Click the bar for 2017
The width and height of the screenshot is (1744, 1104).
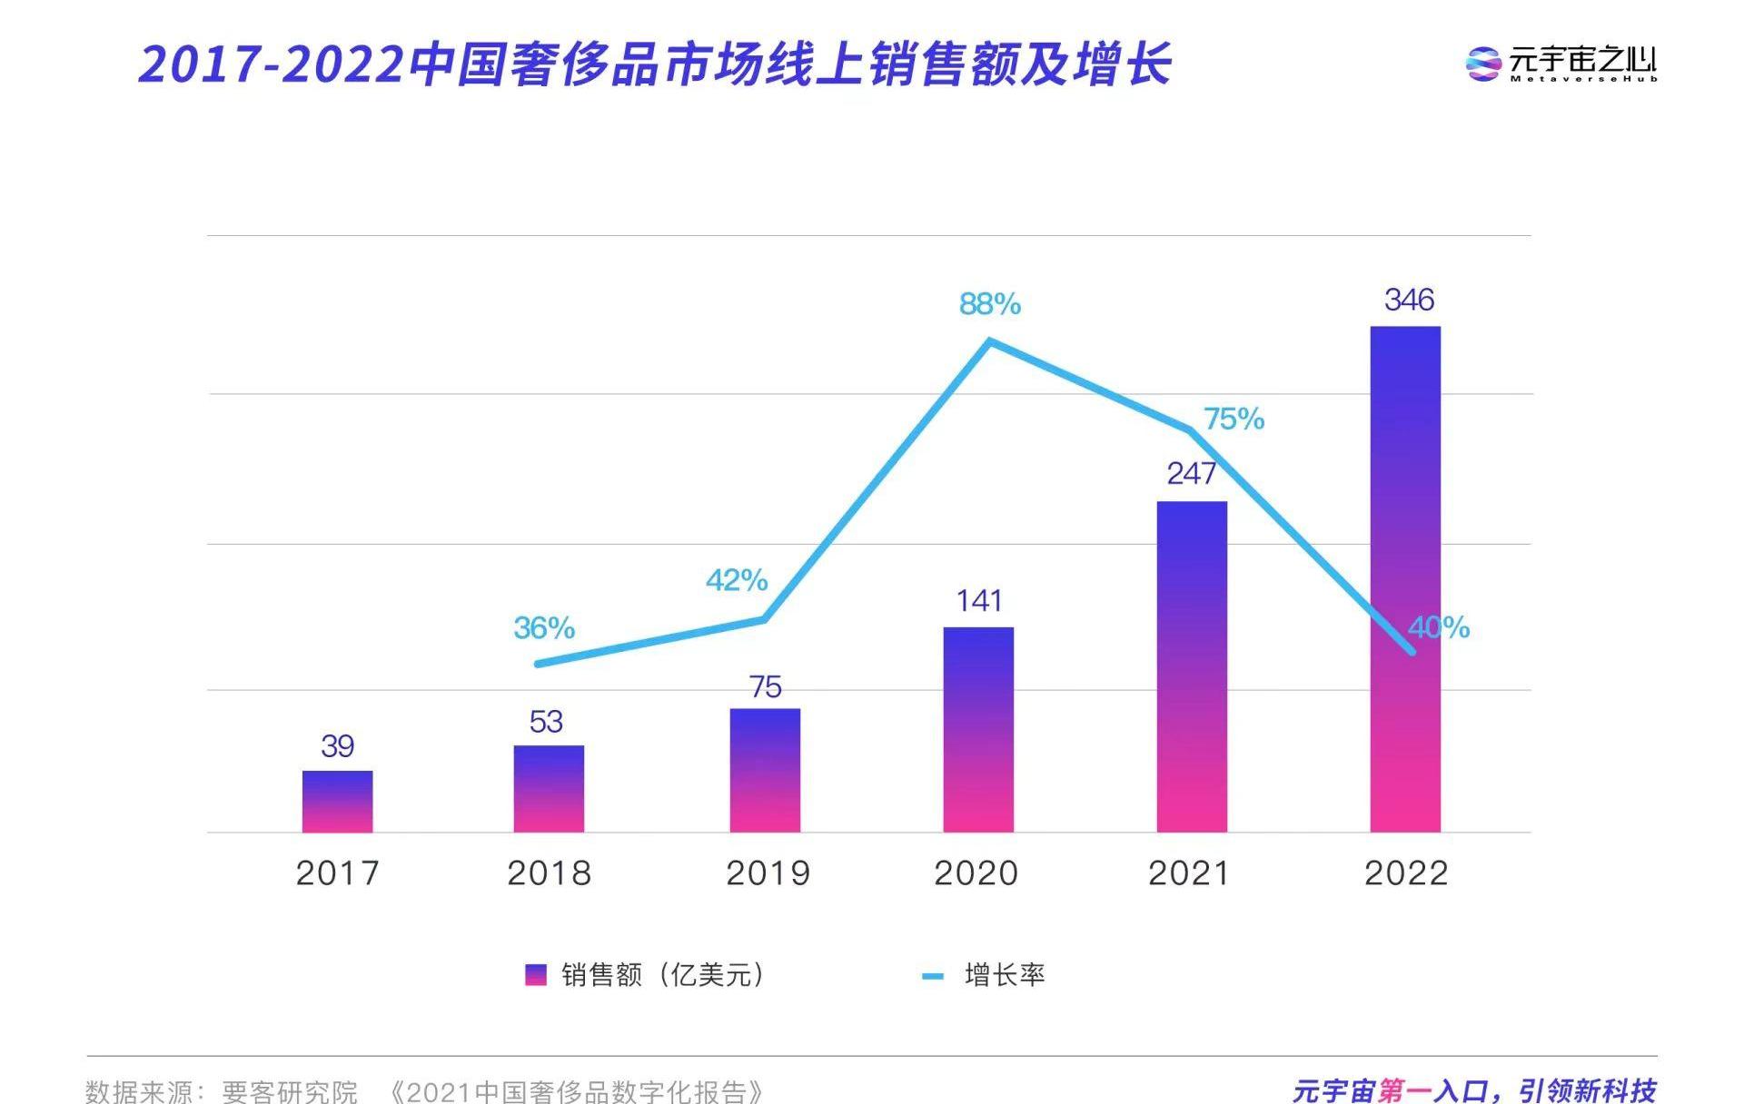click(x=337, y=802)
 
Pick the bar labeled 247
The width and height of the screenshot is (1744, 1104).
click(x=1192, y=666)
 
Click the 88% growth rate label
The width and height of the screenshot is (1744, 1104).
click(x=990, y=303)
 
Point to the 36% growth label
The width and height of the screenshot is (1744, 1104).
click(x=544, y=627)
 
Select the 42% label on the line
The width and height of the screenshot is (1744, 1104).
click(x=737, y=580)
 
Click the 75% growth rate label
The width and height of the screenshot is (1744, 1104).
click(x=1234, y=419)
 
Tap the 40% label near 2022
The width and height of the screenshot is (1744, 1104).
click(x=1439, y=627)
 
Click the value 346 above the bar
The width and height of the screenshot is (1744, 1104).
click(x=1409, y=300)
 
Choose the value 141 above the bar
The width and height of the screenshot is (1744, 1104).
click(x=978, y=600)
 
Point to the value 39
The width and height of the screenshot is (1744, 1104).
click(x=337, y=746)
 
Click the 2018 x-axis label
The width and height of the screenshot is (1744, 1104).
click(x=549, y=873)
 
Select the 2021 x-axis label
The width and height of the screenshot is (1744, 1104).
click(x=1189, y=873)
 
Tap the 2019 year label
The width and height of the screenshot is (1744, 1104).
click(x=768, y=873)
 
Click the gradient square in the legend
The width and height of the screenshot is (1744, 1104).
click(x=536, y=975)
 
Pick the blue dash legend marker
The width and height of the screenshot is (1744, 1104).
click(x=933, y=976)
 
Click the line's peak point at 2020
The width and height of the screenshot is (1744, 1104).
click(x=990, y=341)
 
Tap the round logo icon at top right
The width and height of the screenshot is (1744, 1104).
click(x=1483, y=64)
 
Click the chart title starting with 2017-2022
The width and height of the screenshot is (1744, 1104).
click(x=654, y=64)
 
